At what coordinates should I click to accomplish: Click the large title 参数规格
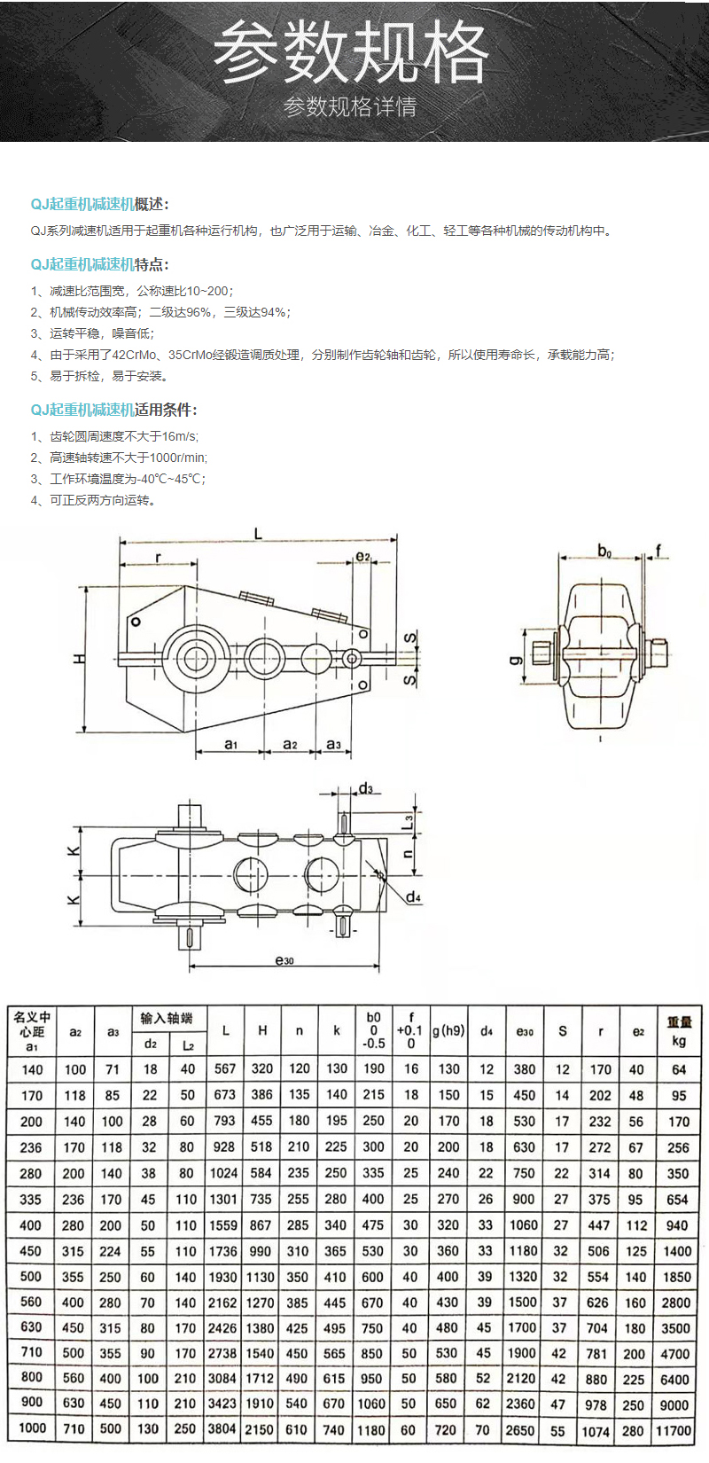[351, 53]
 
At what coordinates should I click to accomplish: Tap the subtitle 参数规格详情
[351, 108]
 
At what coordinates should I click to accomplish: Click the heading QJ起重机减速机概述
[99, 205]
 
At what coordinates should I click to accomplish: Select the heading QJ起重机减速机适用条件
[113, 410]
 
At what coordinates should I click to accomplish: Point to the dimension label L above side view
[258, 534]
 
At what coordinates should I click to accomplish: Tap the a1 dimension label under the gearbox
[230, 745]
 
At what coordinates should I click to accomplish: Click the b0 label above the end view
[604, 552]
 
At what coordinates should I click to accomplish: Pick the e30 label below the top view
[284, 960]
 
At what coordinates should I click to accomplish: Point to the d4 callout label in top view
[413, 897]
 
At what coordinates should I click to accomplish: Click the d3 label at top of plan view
[365, 788]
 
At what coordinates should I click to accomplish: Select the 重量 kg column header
[679, 1031]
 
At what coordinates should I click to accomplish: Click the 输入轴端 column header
[168, 1018]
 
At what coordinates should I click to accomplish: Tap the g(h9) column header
[448, 1031]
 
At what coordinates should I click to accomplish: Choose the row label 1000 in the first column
[32, 1428]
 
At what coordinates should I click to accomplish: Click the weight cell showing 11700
[674, 1430]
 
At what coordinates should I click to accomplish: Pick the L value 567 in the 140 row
[225, 1069]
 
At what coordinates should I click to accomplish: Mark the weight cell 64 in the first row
[678, 1070]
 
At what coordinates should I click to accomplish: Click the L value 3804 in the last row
[222, 1429]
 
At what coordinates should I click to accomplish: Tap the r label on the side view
[159, 558]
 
